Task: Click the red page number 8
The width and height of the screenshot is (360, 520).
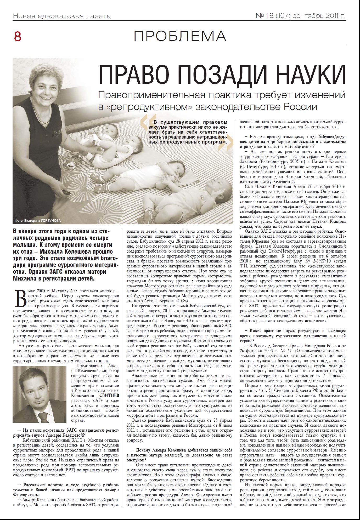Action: pyautogui.click(x=18, y=37)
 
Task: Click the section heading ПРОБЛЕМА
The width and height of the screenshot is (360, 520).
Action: pyautogui.click(x=180, y=36)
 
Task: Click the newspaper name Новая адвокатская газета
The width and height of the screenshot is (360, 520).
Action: pyautogui.click(x=62, y=16)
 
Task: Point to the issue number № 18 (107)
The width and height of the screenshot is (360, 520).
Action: pyautogui.click(x=273, y=16)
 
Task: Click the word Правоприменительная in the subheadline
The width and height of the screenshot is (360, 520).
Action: pyautogui.click(x=151, y=95)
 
